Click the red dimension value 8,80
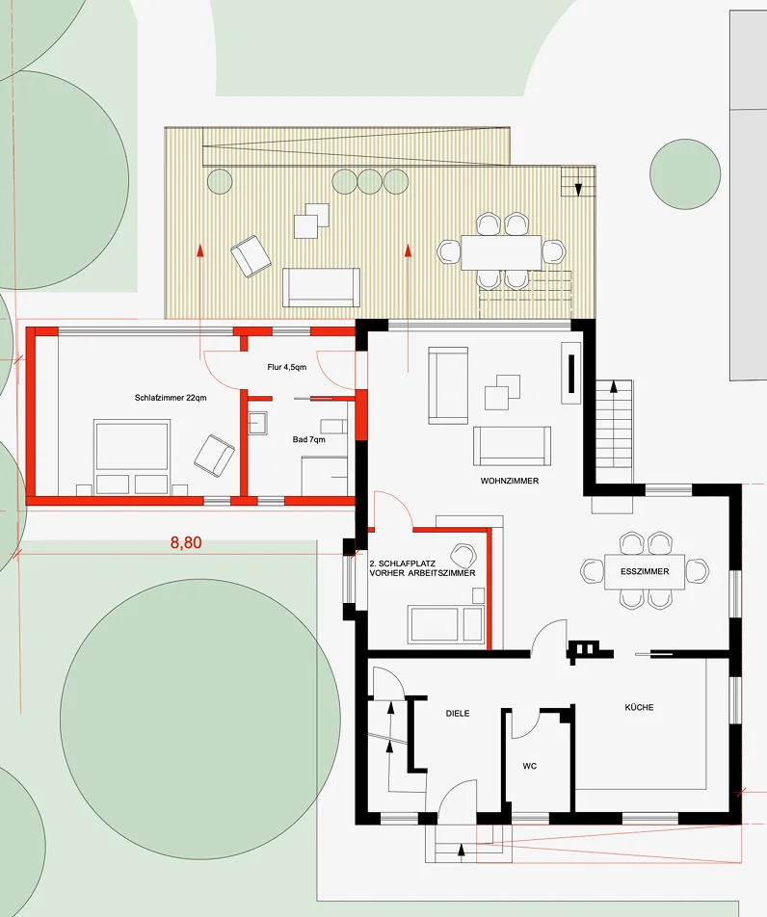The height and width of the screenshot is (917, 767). pos(186,542)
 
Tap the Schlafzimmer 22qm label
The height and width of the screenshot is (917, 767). pos(171,398)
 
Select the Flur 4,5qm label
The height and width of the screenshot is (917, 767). pos(287,367)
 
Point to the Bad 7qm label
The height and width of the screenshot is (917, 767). pos(309,439)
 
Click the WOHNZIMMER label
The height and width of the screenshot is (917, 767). pos(510,481)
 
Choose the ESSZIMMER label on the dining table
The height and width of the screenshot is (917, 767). pos(645,571)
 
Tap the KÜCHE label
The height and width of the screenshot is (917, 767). pos(639,707)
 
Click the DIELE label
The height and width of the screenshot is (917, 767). pos(458,714)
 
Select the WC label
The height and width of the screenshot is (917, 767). pos(529,766)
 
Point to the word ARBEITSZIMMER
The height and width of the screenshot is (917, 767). pos(439,573)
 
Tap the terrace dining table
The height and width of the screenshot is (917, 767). pos(501,252)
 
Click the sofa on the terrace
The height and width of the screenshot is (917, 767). pos(321,287)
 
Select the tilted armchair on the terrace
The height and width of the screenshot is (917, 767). pos(251,256)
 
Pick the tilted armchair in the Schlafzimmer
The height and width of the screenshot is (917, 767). pos(214,454)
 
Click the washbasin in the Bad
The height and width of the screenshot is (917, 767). pos(257,423)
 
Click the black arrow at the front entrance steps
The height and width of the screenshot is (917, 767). pos(461,851)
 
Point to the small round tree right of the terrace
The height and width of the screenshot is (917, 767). pos(685,173)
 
